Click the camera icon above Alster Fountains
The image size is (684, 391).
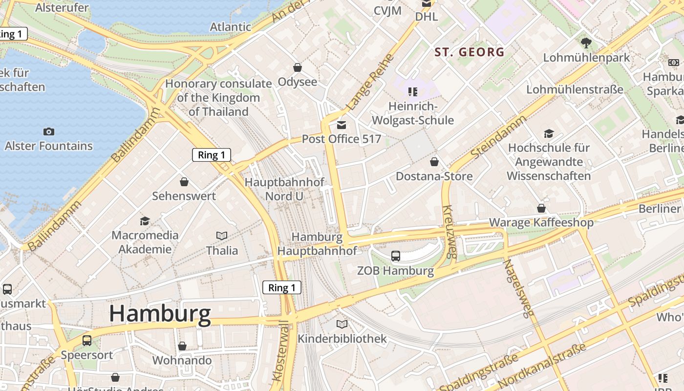(48, 131)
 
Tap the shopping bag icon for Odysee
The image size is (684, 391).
(297, 67)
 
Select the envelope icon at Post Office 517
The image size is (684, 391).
(341, 125)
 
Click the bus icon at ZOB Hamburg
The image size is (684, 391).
(396, 256)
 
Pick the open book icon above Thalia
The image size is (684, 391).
(222, 236)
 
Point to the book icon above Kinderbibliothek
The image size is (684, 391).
(342, 324)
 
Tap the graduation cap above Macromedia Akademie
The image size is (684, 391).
(145, 221)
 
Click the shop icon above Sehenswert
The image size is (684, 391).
(184, 182)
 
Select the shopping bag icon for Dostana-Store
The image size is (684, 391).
(434, 162)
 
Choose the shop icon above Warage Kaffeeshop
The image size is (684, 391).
(541, 208)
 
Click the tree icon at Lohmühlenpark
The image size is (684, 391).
(586, 43)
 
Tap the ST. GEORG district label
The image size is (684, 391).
(469, 52)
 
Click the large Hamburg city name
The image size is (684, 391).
(160, 313)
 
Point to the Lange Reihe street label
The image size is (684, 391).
(370, 82)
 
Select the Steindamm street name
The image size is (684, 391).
(498, 136)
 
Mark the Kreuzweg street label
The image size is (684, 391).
(449, 231)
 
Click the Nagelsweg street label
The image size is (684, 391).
(517, 288)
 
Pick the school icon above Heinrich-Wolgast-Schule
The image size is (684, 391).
(413, 91)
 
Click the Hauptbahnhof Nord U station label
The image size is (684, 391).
(284, 189)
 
